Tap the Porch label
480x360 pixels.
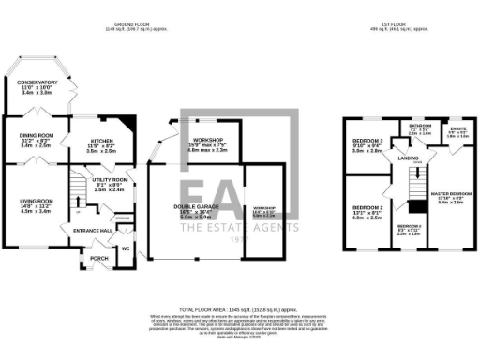click(97, 258)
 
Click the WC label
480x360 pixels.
click(125, 248)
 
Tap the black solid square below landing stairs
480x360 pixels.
click(413, 206)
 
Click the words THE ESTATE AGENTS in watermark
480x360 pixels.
click(240, 226)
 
